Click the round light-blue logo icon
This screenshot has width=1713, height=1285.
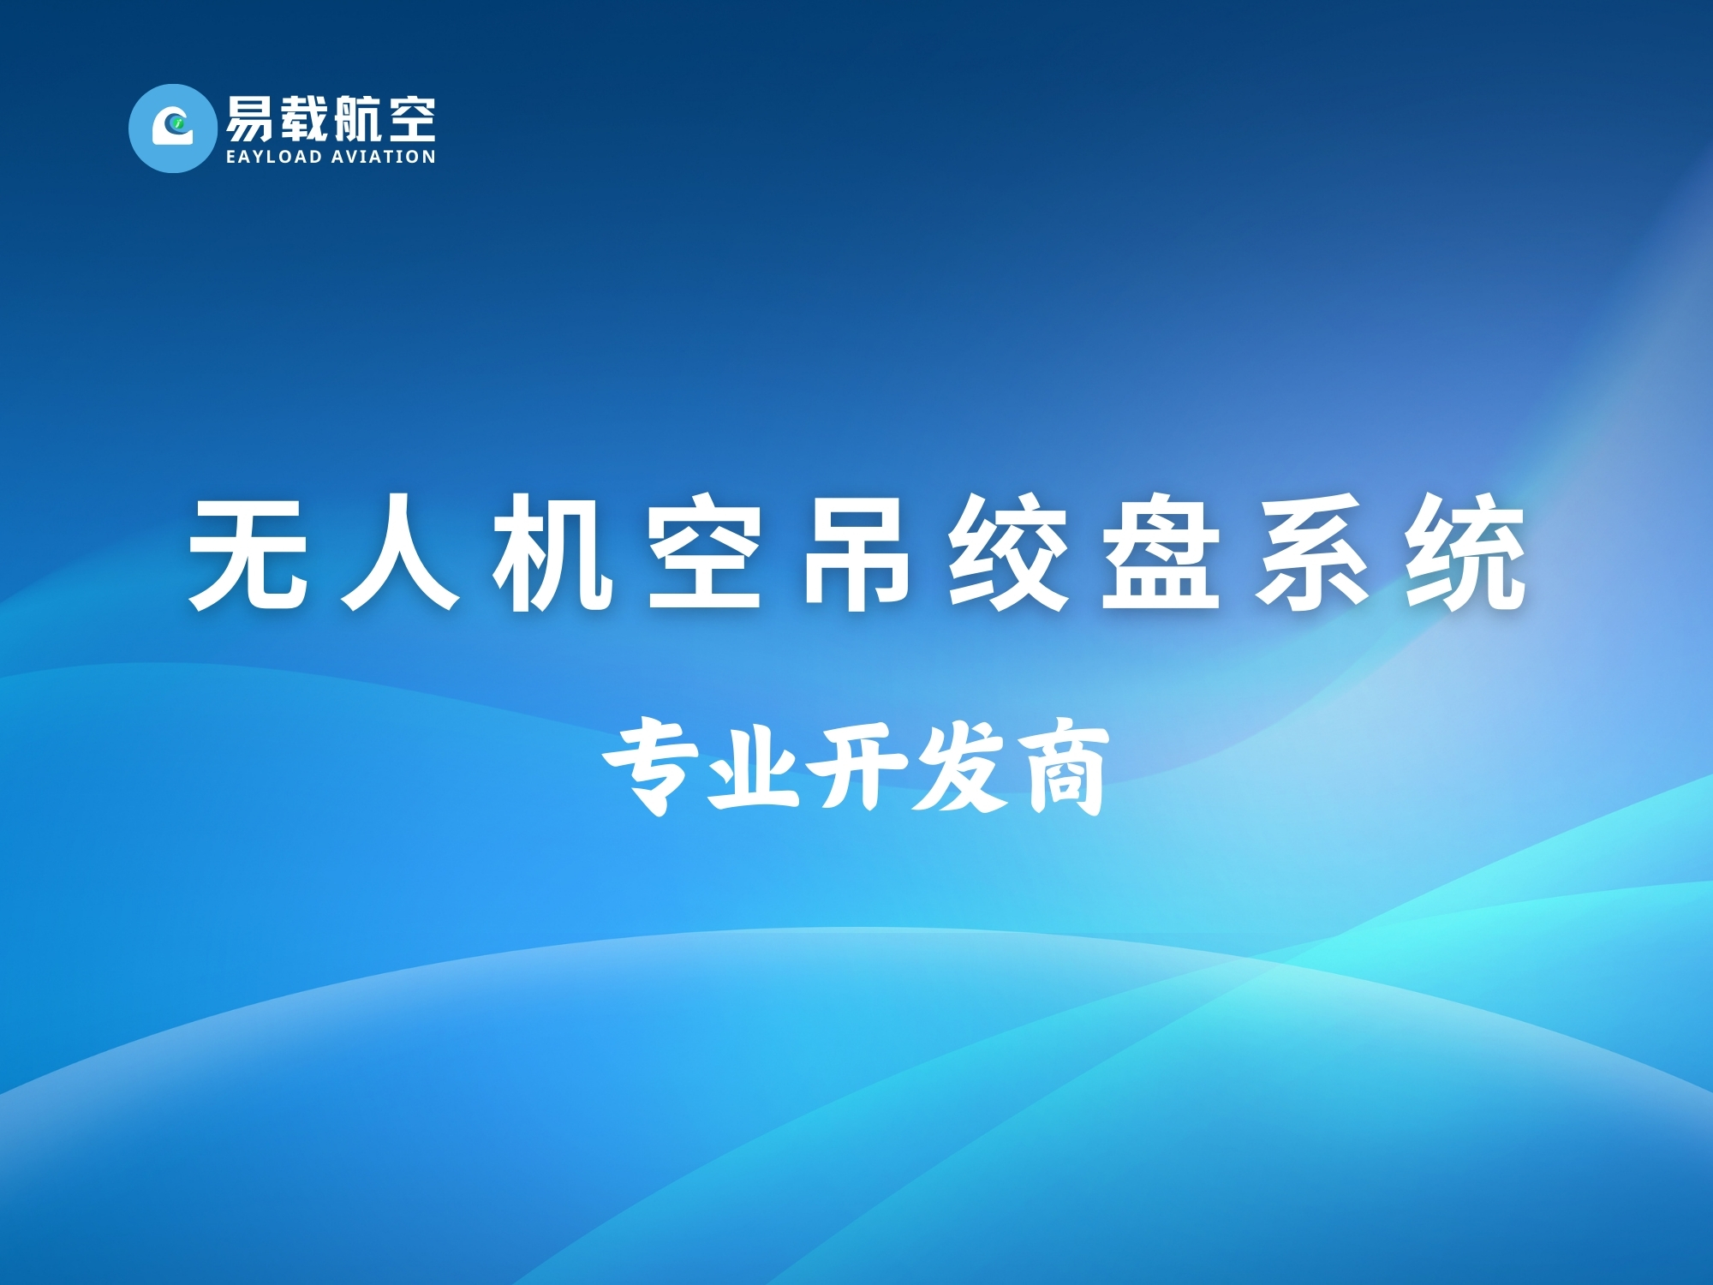(x=173, y=128)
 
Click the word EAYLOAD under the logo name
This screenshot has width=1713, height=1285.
(x=274, y=157)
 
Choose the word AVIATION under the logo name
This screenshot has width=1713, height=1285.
(x=384, y=157)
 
